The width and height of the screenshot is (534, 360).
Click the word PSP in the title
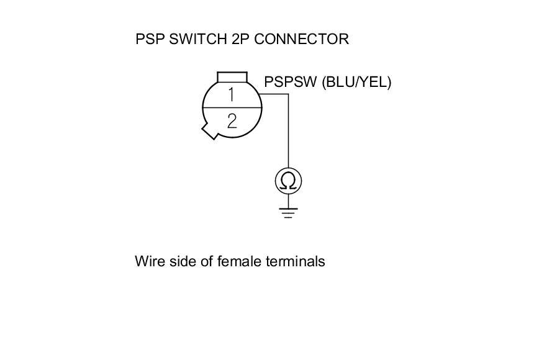tap(149, 39)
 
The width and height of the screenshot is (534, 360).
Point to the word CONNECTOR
tap(301, 39)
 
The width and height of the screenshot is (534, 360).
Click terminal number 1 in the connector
tap(231, 95)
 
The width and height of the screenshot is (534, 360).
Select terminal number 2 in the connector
tap(232, 120)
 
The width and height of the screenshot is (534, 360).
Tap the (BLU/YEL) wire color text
tap(356, 82)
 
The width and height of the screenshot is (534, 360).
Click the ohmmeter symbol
tap(288, 181)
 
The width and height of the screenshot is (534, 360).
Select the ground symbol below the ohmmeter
tap(288, 212)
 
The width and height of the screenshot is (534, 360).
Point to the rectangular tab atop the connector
tap(232, 77)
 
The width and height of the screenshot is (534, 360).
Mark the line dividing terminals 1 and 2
tap(232, 108)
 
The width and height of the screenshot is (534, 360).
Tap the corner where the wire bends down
tap(288, 94)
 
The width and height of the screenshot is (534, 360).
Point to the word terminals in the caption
tap(296, 261)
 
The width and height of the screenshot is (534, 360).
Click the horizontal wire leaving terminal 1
tap(273, 94)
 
